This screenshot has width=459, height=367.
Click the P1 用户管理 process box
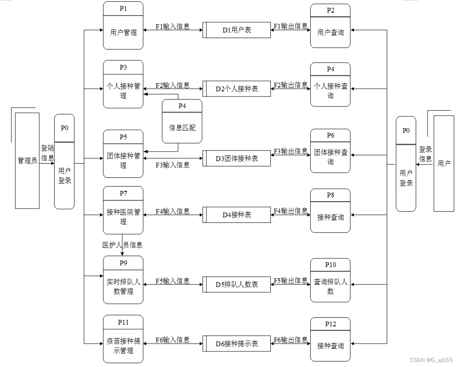tap(123, 26)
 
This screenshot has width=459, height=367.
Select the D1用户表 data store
tap(237, 30)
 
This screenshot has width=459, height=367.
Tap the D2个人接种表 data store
tap(237, 89)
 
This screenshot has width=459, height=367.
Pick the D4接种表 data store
tap(237, 215)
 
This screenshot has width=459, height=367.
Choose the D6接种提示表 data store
tap(237, 343)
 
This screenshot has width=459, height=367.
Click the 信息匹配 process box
tap(182, 122)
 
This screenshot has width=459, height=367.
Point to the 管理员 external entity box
tap(27, 161)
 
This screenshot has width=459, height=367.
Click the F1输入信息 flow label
tap(173, 26)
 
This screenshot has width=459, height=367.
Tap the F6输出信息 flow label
tap(290, 340)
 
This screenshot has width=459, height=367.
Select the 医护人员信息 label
tap(122, 245)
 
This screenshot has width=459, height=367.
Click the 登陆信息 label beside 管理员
tap(48, 153)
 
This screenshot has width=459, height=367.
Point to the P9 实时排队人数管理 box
tap(123, 280)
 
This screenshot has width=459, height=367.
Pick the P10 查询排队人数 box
tap(331, 280)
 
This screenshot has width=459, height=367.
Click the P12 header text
tap(331, 324)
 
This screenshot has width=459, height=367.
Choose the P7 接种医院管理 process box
tap(123, 210)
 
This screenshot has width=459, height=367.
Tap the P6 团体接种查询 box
tap(331, 151)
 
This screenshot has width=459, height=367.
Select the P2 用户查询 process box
tap(331, 26)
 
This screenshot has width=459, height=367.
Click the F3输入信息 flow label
tap(173, 165)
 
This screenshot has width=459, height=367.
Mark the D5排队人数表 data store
tap(237, 284)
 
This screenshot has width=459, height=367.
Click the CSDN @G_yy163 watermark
tap(431, 360)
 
